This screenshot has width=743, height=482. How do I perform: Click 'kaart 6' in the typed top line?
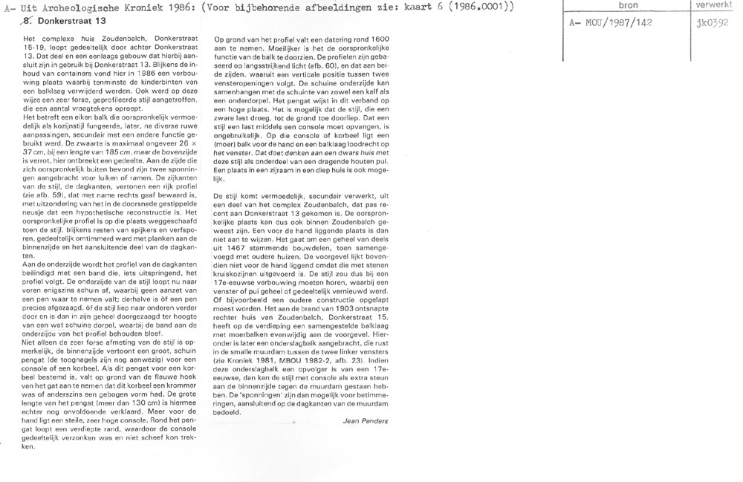click(x=426, y=7)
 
